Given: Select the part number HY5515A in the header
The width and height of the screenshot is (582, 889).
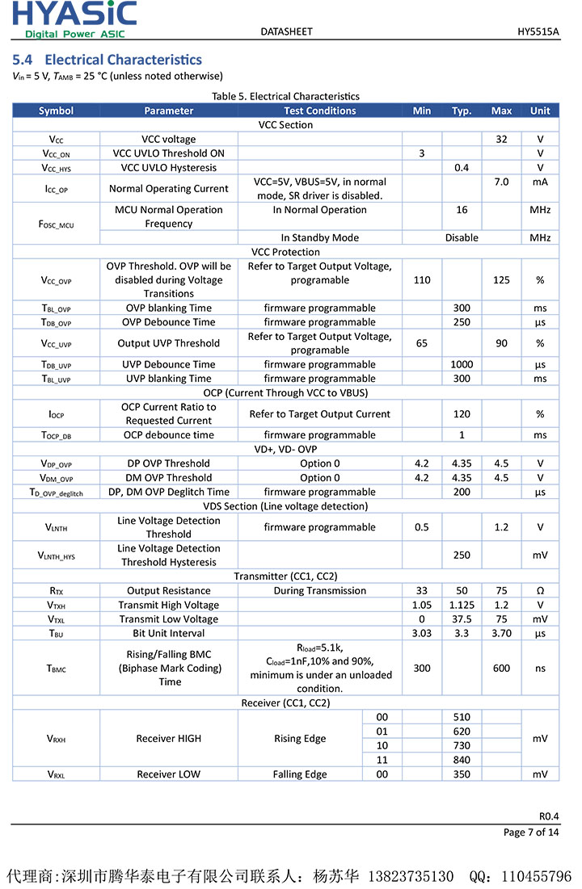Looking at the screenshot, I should click(538, 31).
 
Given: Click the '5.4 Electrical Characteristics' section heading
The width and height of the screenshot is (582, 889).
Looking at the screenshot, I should click(108, 60).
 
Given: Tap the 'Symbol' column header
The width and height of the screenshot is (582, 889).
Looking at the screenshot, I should click(56, 111).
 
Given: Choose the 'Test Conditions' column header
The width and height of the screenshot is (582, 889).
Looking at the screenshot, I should click(319, 111).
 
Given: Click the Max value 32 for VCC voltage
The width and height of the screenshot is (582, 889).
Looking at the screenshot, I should click(501, 139).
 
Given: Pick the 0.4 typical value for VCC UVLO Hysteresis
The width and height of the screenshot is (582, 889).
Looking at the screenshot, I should click(462, 167).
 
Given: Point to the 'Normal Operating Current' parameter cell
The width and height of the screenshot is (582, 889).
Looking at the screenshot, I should click(168, 188).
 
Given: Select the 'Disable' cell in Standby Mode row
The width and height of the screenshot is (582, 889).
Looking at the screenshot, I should click(462, 238).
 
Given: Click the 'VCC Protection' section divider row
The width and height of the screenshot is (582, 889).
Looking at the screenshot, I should click(285, 252).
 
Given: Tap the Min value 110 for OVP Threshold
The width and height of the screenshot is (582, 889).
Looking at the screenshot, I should click(422, 280).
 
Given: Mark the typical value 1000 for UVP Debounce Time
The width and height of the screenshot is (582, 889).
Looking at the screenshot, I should click(462, 364).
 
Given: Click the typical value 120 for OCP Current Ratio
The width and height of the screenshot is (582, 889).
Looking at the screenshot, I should click(462, 414).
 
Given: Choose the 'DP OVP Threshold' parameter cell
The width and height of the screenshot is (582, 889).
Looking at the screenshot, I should click(168, 463).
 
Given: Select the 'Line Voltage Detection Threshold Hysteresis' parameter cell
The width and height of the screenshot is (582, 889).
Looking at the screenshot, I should click(168, 555).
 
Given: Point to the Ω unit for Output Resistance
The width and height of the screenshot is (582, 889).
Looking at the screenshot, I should click(540, 591).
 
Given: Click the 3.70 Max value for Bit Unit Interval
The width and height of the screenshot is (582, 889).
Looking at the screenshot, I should click(501, 633).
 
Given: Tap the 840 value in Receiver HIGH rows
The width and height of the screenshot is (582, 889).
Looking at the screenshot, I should click(462, 760).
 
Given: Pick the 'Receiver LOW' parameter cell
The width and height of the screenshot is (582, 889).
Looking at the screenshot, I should click(168, 774).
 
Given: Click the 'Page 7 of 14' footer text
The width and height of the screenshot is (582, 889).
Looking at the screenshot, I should click(530, 832).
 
